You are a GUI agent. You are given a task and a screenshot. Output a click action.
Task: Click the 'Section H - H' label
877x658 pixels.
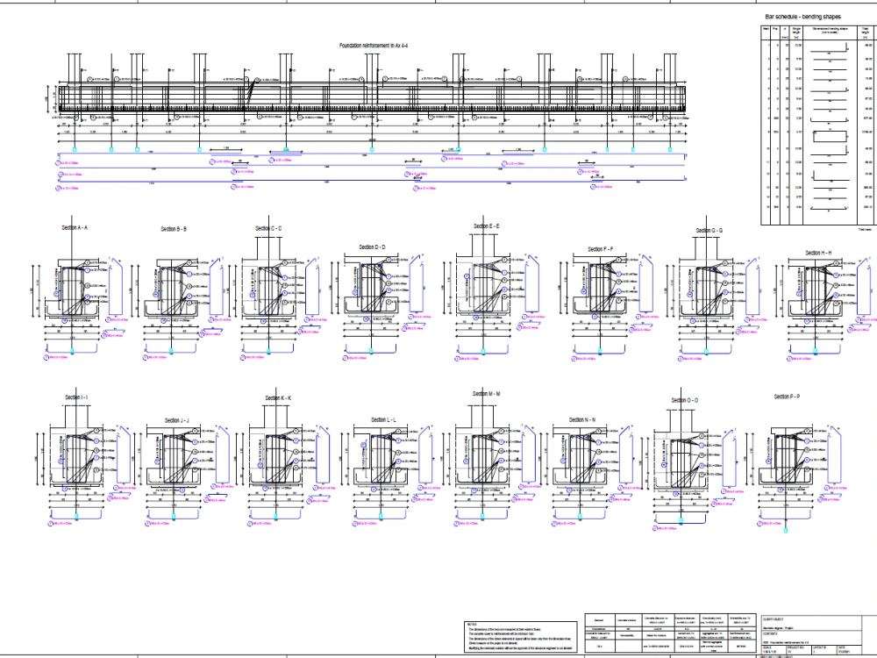pyautogui.click(x=818, y=253)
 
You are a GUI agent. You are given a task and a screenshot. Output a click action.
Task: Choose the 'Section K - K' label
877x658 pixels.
pyautogui.click(x=278, y=398)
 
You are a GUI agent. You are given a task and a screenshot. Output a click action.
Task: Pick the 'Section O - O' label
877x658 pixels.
pyautogui.click(x=684, y=400)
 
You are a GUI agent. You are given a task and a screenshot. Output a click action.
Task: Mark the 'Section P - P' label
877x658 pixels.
pyautogui.click(x=787, y=397)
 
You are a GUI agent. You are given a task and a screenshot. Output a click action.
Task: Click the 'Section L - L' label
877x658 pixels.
pyautogui.click(x=382, y=420)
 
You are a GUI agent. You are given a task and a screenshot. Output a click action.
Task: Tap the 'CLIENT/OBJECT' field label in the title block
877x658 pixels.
pyautogui.click(x=775, y=618)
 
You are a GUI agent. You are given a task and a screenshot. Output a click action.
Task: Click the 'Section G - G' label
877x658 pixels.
pyautogui.click(x=709, y=231)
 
